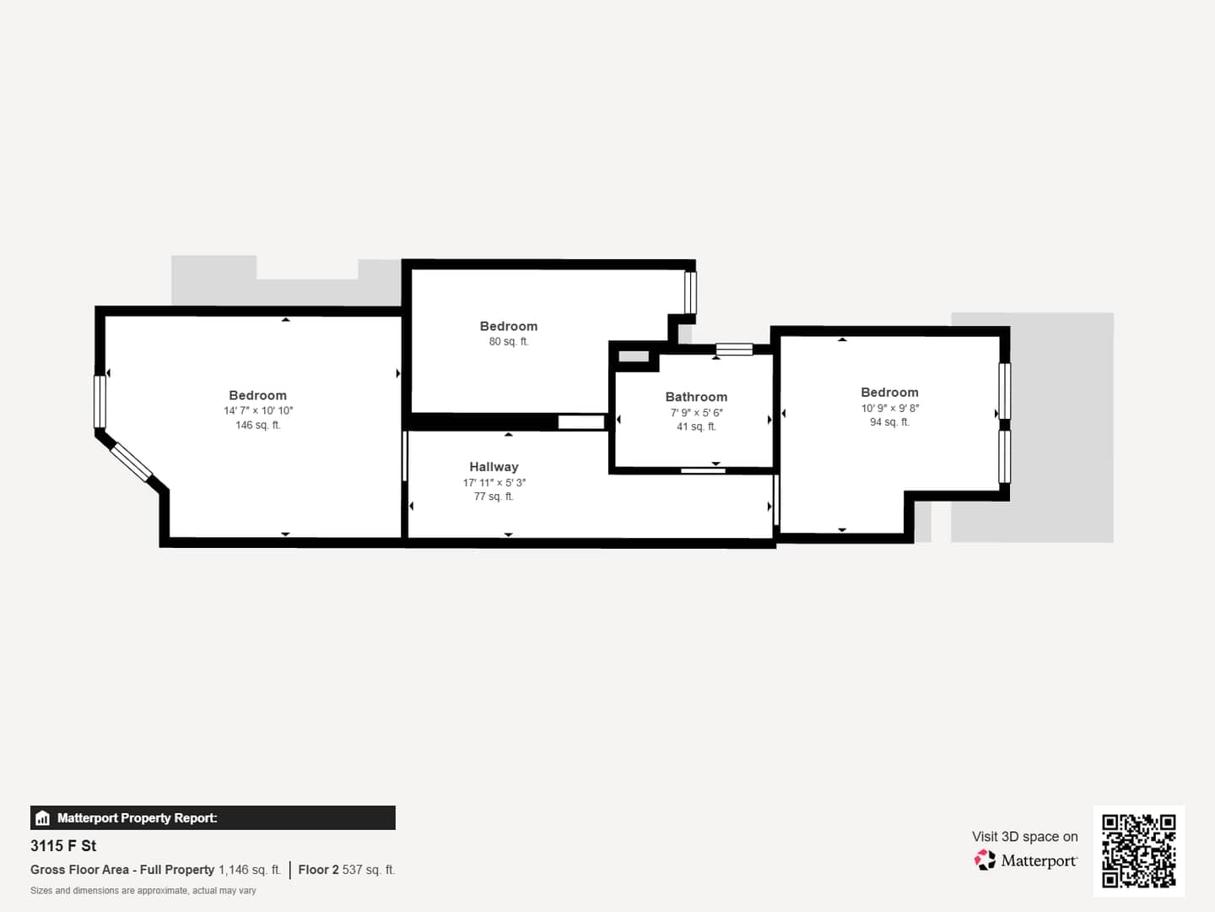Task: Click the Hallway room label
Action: tap(494, 467)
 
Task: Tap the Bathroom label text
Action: tap(696, 397)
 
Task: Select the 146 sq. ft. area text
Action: tap(258, 426)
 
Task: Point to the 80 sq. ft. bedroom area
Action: tap(509, 342)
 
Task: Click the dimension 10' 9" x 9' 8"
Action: tap(890, 408)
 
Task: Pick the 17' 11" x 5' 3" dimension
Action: tap(494, 482)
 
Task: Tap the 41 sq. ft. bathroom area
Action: tap(696, 427)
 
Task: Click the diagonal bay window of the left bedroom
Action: tap(131, 463)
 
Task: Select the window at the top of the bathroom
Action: tap(734, 350)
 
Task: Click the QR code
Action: tap(1138, 850)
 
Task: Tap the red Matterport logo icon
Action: tap(985, 860)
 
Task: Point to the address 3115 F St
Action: tap(63, 845)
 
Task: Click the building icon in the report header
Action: tap(43, 818)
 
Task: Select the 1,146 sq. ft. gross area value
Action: tap(250, 870)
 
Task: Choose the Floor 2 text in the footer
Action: tap(318, 870)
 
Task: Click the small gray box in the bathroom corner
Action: tap(634, 356)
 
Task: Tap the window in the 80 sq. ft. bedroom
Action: tap(690, 293)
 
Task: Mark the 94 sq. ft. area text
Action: tap(889, 422)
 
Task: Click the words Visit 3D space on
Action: tap(1024, 837)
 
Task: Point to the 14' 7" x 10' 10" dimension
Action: tap(258, 410)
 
